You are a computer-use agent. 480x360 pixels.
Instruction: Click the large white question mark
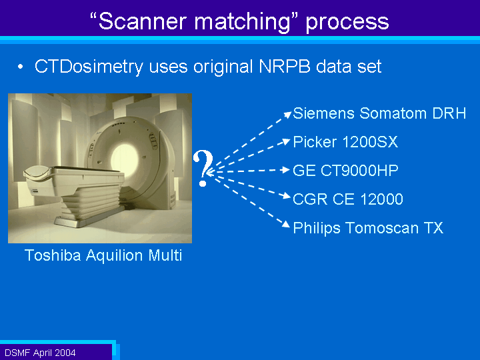203,168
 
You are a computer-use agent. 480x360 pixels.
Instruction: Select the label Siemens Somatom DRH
379,113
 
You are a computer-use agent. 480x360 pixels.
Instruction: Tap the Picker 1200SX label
345,142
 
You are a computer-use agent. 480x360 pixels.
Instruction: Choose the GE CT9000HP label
345,171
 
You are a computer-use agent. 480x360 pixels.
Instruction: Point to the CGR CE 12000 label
348,199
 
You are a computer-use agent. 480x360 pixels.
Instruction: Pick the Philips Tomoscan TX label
368,228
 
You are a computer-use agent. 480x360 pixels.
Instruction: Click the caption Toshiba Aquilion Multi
103,255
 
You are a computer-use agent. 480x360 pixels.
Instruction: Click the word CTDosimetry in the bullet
89,67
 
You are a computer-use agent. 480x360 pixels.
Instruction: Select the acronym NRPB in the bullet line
285,66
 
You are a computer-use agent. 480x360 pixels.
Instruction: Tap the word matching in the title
242,22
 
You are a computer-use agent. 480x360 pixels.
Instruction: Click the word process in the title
347,23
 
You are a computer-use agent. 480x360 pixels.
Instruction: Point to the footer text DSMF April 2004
40,353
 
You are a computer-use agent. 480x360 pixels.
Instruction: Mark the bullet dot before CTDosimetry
20,67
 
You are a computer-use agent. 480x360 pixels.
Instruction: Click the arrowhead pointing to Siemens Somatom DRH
288,115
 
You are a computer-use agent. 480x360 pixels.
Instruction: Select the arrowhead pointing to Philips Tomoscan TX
286,225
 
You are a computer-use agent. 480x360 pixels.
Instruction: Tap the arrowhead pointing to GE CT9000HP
286,170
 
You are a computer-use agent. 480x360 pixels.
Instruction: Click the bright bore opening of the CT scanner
125,160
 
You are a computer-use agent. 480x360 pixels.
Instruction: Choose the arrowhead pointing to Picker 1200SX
286,141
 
